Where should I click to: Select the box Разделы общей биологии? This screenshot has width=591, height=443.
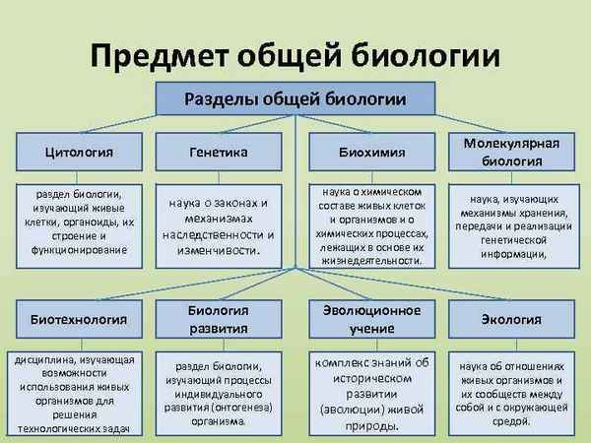click(x=295, y=99)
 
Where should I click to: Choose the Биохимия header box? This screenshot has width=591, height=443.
click(x=369, y=153)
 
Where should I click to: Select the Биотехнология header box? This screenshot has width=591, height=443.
click(x=73, y=320)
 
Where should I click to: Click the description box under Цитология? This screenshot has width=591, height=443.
click(x=73, y=222)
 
